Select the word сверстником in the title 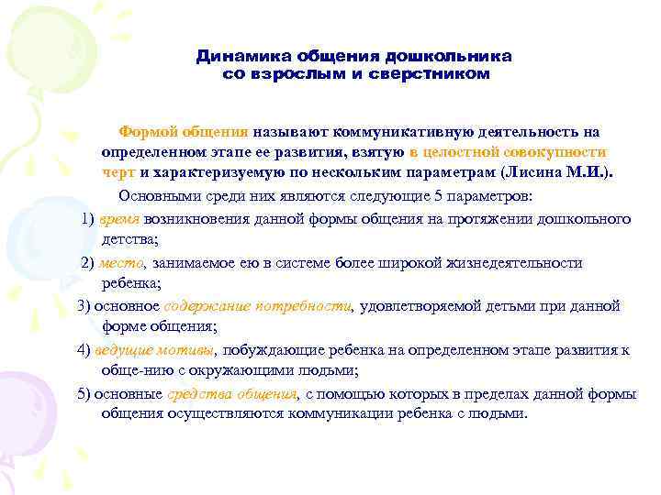point(429,73)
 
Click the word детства point(129,239)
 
